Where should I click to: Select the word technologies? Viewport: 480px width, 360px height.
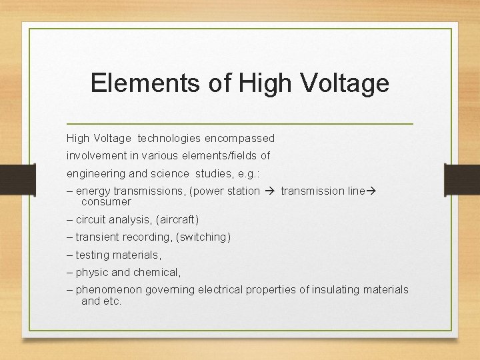pos(169,139)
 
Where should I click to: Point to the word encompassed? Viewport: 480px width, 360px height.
pos(239,139)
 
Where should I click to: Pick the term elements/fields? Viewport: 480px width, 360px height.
pos(220,156)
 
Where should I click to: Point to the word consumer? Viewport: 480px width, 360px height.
pos(106,201)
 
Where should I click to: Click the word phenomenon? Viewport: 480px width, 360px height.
pos(107,290)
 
